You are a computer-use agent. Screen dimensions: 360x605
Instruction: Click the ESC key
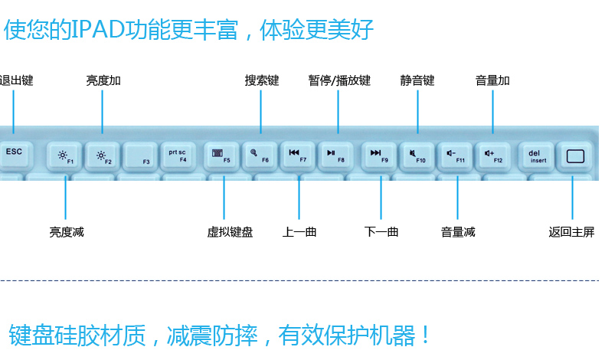point(15,155)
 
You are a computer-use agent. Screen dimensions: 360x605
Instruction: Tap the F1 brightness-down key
point(64,156)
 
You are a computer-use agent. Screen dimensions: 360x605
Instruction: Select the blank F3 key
point(140,156)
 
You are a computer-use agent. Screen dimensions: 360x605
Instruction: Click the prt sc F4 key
point(178,156)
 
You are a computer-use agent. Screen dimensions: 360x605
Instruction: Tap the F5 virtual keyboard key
point(221,156)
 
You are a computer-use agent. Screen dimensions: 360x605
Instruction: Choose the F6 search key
point(259,156)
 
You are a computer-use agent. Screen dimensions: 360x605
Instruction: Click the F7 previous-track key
point(297,156)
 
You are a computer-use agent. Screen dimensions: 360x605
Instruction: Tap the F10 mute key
point(417,156)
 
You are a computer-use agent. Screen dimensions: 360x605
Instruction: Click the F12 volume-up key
point(494,156)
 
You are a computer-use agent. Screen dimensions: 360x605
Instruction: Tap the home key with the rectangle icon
point(574,157)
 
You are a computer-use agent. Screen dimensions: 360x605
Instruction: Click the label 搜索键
point(261,80)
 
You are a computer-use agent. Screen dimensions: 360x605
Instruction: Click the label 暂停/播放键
point(339,80)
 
